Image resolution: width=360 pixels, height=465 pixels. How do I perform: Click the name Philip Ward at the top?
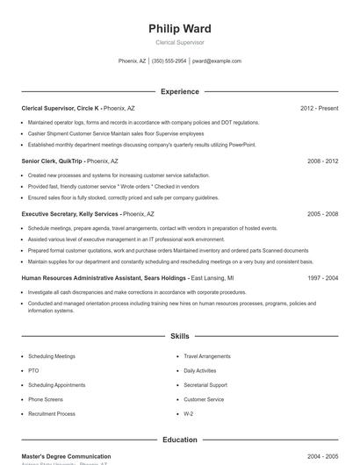click(x=180, y=29)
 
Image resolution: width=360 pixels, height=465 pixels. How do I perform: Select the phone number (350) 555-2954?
click(x=169, y=61)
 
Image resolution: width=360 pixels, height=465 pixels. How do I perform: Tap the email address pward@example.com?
click(x=217, y=61)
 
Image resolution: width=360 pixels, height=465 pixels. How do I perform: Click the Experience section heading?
click(x=180, y=91)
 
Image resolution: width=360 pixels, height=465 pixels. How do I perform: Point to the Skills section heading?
click(x=180, y=336)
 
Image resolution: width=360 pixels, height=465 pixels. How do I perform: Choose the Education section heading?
click(x=180, y=439)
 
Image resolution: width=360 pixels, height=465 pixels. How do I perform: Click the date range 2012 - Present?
click(x=319, y=108)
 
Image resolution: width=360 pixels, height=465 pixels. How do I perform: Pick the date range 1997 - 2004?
click(x=322, y=277)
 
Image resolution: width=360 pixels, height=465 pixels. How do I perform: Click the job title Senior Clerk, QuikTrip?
click(x=52, y=161)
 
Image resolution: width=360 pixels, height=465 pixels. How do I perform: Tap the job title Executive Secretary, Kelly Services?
click(x=70, y=214)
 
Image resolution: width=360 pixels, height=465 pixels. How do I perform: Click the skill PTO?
click(x=33, y=371)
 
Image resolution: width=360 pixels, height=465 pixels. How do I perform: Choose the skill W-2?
click(x=189, y=413)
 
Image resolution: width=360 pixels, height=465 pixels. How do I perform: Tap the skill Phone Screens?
click(x=47, y=399)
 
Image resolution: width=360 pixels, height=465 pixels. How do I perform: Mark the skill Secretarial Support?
click(x=205, y=385)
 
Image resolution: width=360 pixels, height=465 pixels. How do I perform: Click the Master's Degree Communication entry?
click(x=66, y=456)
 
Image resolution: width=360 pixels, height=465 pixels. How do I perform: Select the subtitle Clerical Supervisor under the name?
click(x=180, y=42)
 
